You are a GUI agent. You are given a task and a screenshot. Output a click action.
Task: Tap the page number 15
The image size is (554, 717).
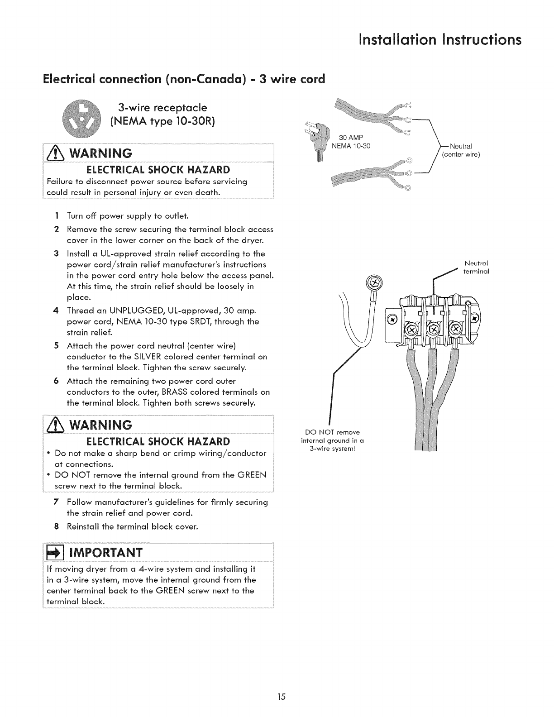pyautogui.click(x=282, y=696)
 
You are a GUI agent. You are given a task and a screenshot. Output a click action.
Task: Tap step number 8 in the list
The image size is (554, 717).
pyautogui.click(x=57, y=527)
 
